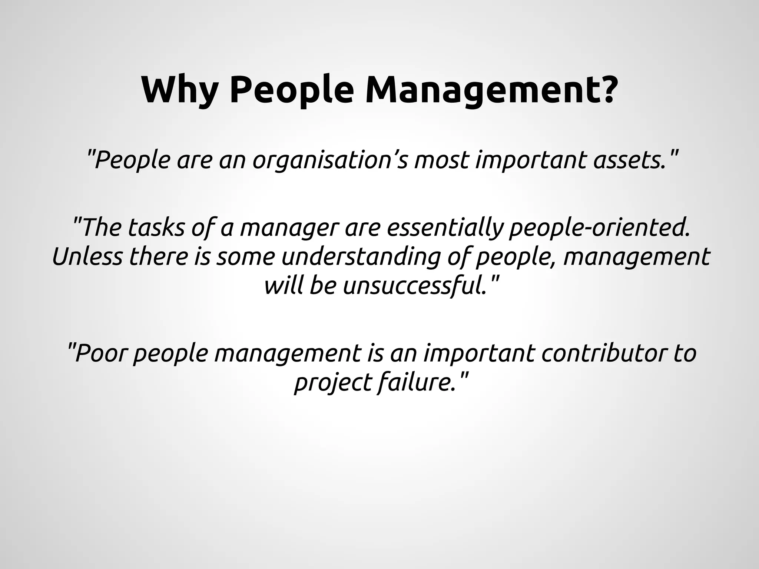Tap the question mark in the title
pyautogui.click(x=607, y=90)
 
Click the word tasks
pyautogui.click(x=156, y=227)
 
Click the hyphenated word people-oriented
pyautogui.click(x=600, y=227)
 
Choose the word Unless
pyautogui.click(x=87, y=257)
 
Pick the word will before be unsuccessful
pyautogui.click(x=284, y=286)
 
